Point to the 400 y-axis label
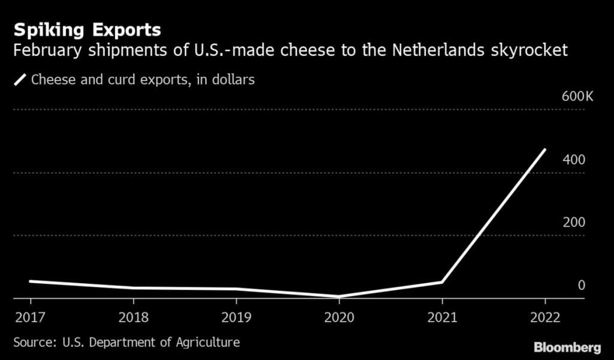click(574, 160)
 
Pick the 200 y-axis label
click(574, 223)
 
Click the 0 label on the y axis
click(581, 285)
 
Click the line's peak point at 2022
click(544, 149)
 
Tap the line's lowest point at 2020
click(339, 296)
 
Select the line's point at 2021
click(442, 282)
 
